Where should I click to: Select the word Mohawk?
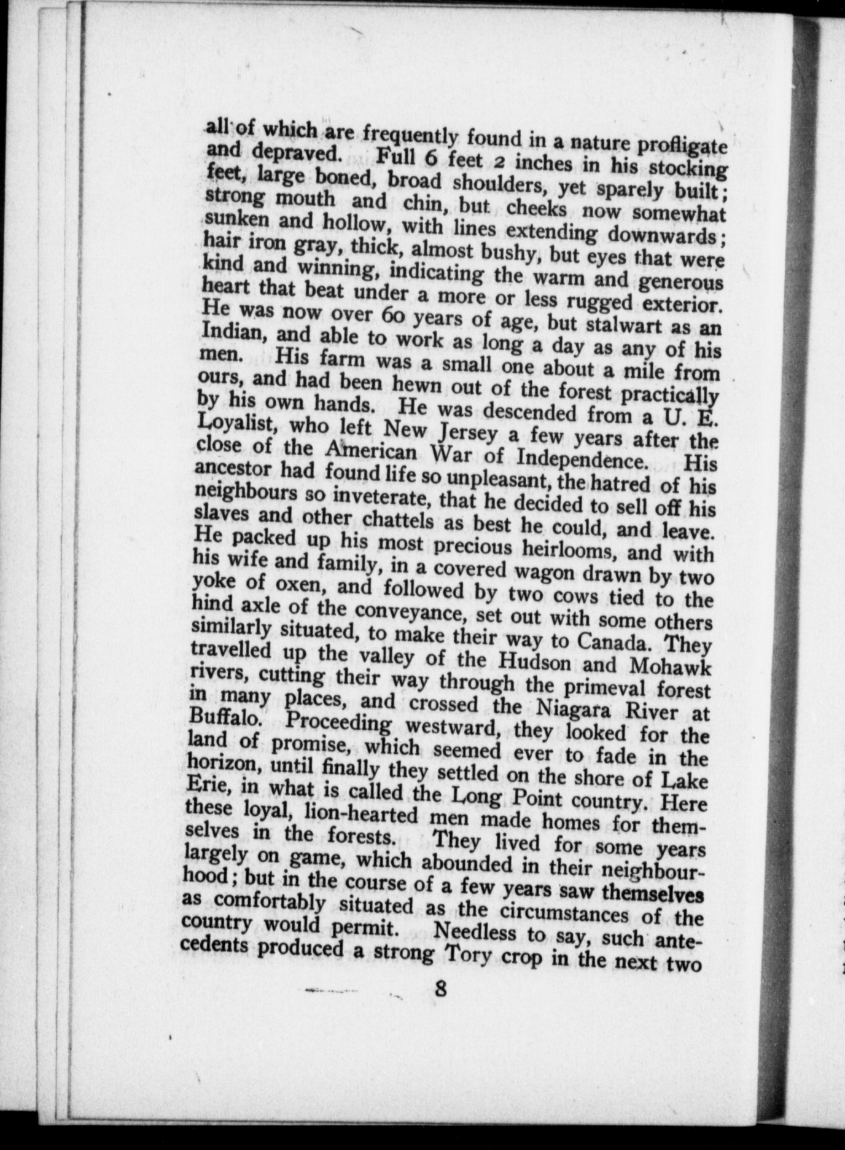[x=669, y=667]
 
